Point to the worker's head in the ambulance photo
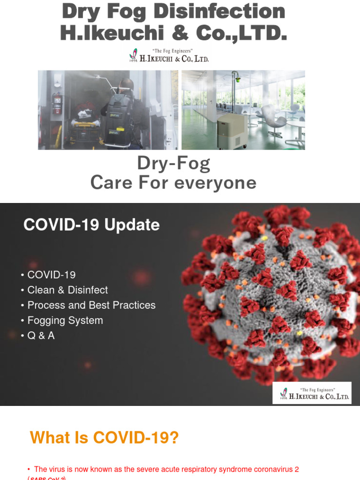coord(126,86)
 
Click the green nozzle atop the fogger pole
coord(238,80)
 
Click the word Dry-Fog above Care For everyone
coord(173,163)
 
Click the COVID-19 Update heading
coord(91,225)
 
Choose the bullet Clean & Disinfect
coord(67,290)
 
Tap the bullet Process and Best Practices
coord(91,305)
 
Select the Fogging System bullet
coord(65,321)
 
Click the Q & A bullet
coord(41,336)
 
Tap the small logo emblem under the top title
coord(133,56)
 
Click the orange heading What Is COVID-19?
coord(104,438)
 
